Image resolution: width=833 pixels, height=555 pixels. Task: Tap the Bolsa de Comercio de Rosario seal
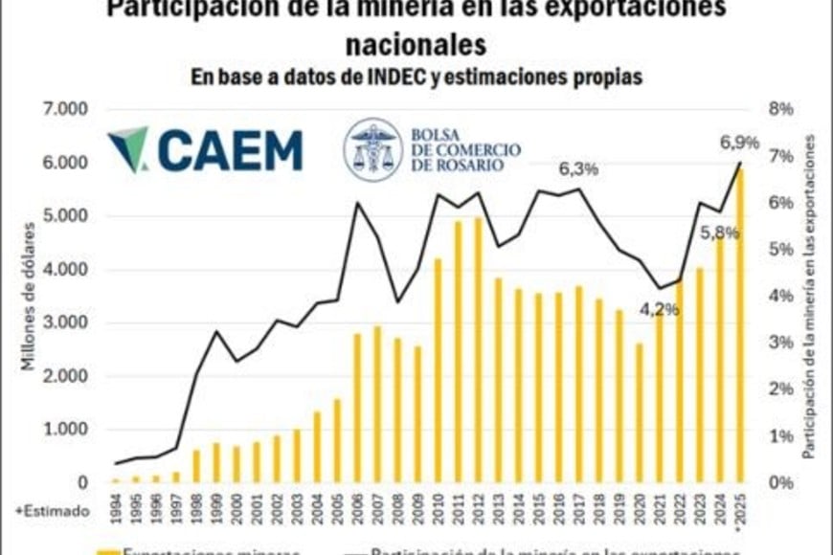tap(372, 150)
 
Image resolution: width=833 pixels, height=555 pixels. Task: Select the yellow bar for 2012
tap(479, 364)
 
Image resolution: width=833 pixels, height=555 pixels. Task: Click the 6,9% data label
tap(739, 143)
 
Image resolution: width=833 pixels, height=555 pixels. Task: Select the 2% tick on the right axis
tap(781, 389)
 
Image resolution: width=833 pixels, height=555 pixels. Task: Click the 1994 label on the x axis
tap(116, 507)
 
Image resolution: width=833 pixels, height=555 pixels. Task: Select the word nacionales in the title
tap(415, 44)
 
